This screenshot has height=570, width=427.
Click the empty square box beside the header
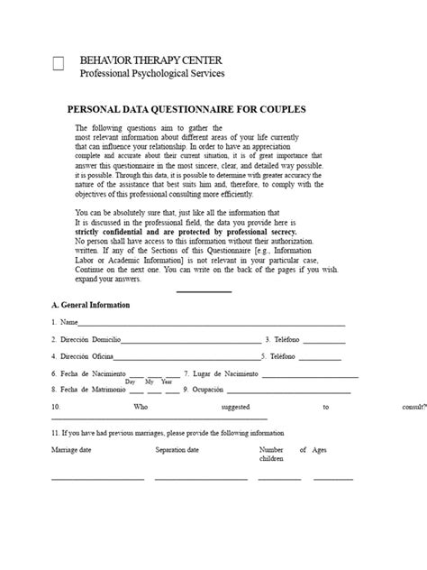59,64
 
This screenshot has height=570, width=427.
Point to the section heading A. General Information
91,305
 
